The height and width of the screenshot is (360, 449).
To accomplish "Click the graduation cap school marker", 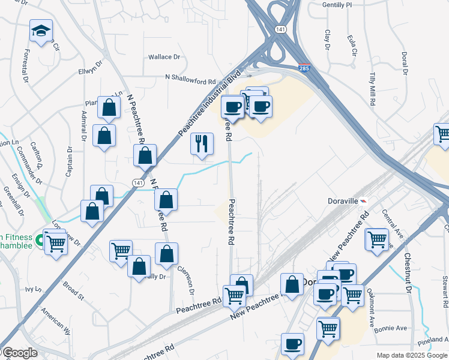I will [x=41, y=31].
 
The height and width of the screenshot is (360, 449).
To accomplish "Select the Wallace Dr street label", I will [x=164, y=57].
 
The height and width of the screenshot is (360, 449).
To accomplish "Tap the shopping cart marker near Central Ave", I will [x=377, y=239].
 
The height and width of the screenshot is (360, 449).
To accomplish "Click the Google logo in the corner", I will [x=19, y=353].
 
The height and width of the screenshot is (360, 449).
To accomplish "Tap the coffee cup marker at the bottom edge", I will [x=293, y=344].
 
